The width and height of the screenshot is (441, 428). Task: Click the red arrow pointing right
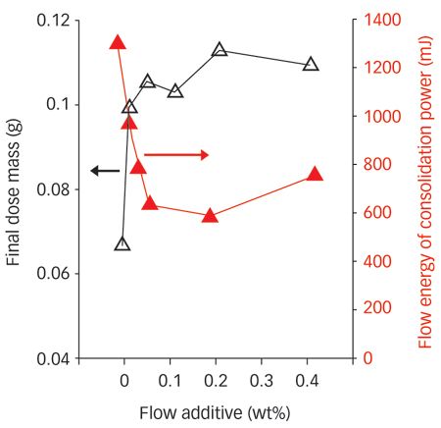tap(176, 154)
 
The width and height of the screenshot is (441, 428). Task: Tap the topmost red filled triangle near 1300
tap(118, 42)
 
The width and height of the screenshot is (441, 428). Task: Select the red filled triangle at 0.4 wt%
tap(315, 175)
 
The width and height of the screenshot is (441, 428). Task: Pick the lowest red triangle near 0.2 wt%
tap(209, 215)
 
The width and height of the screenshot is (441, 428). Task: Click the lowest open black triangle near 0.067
tap(122, 243)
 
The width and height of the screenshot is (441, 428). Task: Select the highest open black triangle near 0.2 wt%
tap(219, 49)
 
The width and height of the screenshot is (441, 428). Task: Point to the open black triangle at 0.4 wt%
tap(311, 65)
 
